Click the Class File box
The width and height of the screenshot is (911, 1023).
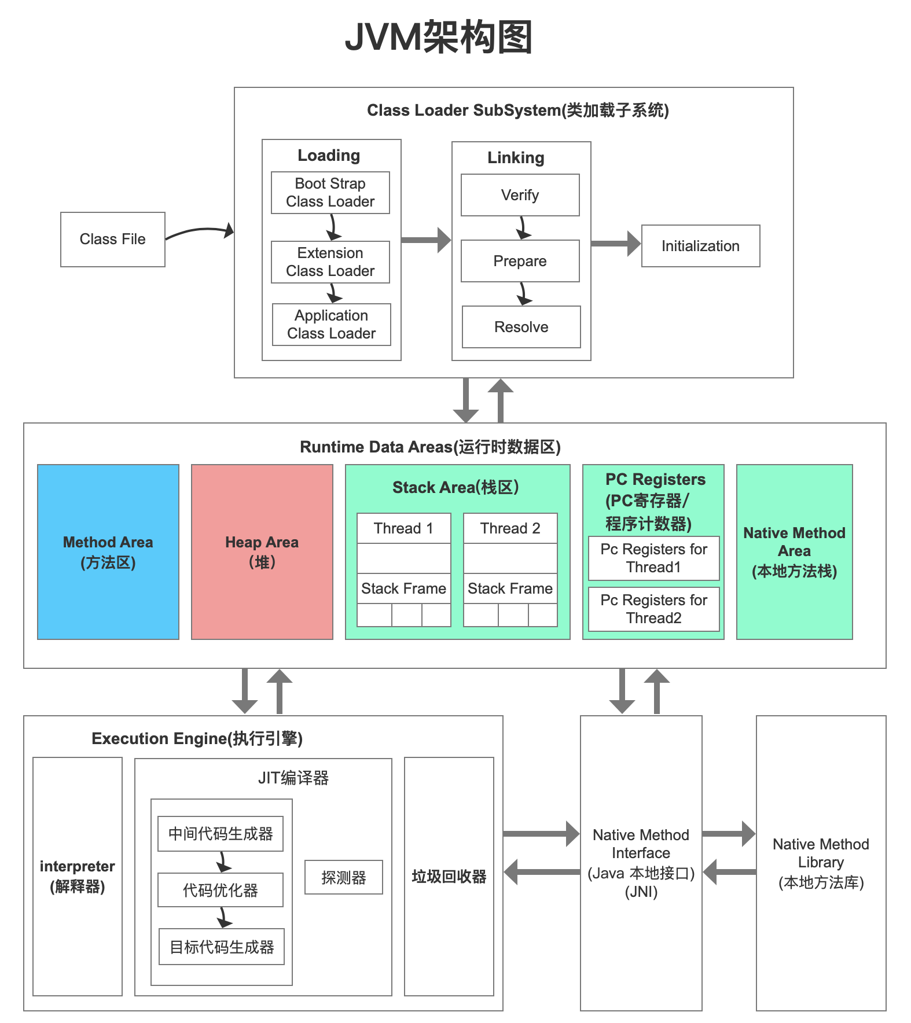click(112, 239)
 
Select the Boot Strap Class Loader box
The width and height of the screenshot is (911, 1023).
click(330, 193)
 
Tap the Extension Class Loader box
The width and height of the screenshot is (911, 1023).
click(330, 262)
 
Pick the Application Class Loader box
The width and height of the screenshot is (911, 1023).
click(331, 325)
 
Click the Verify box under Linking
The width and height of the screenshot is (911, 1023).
click(520, 195)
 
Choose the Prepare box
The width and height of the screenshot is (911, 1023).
click(520, 261)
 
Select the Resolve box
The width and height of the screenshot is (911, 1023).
click(521, 327)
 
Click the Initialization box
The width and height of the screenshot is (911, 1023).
click(700, 246)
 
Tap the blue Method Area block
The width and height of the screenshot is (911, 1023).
click(108, 551)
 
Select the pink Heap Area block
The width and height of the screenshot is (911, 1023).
click(262, 551)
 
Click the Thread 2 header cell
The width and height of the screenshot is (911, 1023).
click(510, 528)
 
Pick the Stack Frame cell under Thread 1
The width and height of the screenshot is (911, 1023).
click(403, 588)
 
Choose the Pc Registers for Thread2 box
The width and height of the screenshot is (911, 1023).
click(653, 609)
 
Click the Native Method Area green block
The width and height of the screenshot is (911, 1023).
click(794, 551)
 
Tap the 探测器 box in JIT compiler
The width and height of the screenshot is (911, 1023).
click(343, 877)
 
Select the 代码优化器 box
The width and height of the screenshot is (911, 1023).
click(220, 890)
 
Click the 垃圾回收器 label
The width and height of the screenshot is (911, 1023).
click(449, 877)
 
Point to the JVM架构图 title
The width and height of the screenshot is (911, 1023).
click(438, 37)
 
